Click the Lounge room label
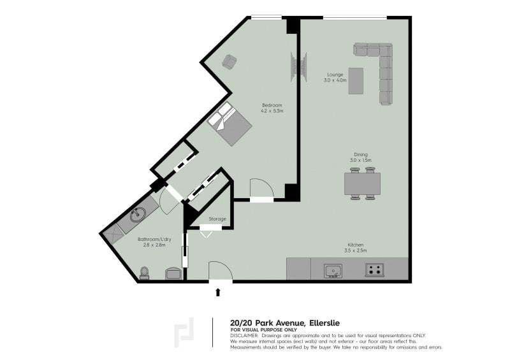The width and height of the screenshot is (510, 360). tap(335, 75)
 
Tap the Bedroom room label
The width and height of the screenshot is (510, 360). tap(272, 105)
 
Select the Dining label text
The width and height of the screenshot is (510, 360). tap(361, 155)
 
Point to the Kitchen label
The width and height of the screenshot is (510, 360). tap(356, 245)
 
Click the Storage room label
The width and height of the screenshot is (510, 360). tap(217, 219)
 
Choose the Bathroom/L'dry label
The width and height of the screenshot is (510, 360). tap(154, 240)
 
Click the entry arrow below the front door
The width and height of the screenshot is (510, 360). tap(218, 292)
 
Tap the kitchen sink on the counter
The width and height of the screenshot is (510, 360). tap(333, 271)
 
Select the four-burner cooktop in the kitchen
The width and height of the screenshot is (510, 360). tap(374, 270)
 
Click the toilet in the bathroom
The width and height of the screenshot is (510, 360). tap(144, 273)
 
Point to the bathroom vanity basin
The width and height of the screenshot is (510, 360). tap(138, 215)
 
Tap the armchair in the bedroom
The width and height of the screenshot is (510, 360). tap(229, 61)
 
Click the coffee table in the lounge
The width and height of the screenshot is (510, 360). tap(356, 81)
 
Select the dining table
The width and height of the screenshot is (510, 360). tap(362, 184)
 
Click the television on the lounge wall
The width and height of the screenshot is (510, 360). tap(299, 68)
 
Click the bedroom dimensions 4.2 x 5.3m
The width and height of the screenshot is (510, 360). tap(272, 111)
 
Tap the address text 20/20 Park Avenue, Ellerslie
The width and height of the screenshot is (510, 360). tap(285, 323)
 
